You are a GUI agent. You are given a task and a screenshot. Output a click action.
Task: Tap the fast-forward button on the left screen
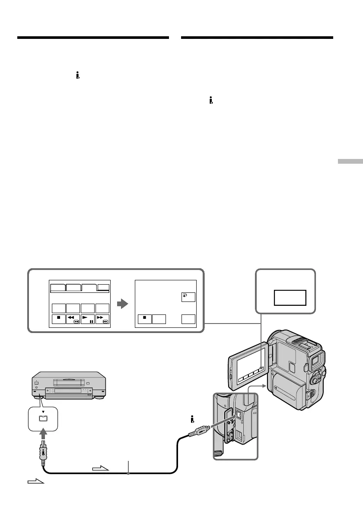[102, 319]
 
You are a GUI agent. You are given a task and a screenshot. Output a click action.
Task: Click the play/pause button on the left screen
[88, 319]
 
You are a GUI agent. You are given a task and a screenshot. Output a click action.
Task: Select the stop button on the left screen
[58, 319]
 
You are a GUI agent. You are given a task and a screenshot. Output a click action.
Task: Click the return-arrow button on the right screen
[188, 297]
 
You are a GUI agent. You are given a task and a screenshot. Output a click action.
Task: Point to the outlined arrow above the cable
[101, 468]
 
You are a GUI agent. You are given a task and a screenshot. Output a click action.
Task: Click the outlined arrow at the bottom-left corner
[36, 481]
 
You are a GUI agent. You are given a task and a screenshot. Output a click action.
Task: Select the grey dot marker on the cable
[127, 474]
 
